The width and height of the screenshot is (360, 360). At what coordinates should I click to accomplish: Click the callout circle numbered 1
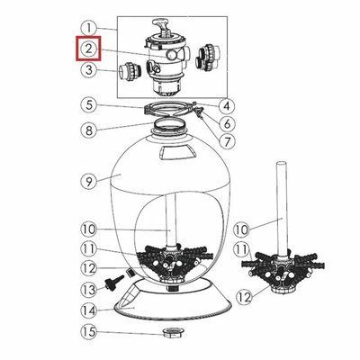(89, 29)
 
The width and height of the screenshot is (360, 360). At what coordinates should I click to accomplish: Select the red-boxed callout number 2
(88, 49)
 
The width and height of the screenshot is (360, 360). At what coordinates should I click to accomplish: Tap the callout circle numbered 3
(89, 70)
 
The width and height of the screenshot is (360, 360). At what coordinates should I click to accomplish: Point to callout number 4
(227, 106)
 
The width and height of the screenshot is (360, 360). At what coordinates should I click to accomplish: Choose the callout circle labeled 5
(89, 105)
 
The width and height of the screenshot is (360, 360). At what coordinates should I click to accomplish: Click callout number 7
(226, 140)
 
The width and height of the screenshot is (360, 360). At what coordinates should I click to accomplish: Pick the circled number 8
(89, 130)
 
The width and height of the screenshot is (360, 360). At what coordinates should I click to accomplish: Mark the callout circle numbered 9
(89, 182)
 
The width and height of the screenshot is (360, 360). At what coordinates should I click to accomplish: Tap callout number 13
(89, 290)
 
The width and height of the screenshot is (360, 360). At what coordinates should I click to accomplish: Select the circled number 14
(89, 310)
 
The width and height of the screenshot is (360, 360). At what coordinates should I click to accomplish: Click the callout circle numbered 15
(89, 332)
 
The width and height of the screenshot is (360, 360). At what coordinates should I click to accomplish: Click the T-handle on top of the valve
(163, 26)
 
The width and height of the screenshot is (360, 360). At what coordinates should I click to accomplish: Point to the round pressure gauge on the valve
(172, 54)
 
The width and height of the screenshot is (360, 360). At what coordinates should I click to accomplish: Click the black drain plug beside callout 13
(114, 282)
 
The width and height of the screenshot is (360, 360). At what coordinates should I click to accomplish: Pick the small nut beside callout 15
(174, 332)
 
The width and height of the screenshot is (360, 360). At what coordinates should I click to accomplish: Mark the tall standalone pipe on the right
(282, 207)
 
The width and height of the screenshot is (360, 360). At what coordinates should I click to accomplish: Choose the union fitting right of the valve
(208, 58)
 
